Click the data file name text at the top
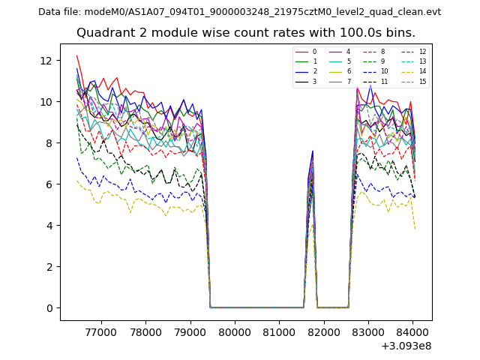tap(239, 11)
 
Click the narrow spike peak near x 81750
tap(313, 151)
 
